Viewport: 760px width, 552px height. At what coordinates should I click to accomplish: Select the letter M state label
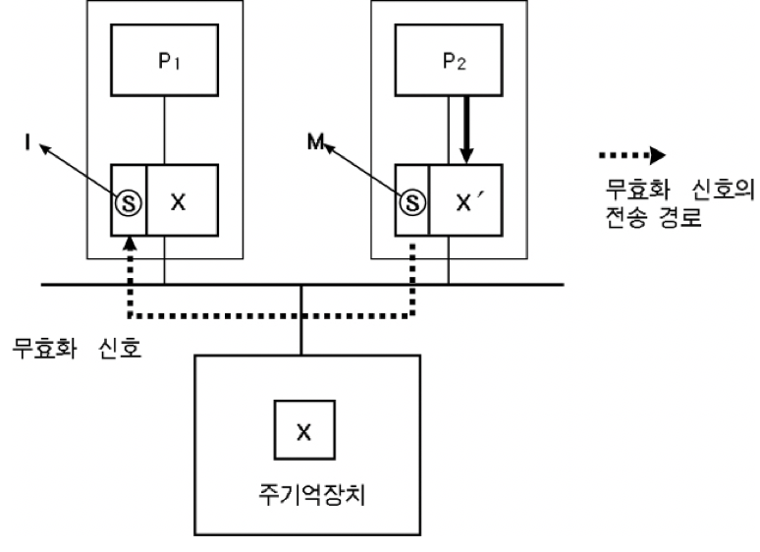(314, 145)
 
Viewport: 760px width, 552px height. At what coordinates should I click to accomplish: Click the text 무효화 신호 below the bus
(76, 348)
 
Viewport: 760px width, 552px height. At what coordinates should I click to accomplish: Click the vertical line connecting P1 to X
(164, 130)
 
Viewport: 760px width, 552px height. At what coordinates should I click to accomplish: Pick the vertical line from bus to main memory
(303, 320)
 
